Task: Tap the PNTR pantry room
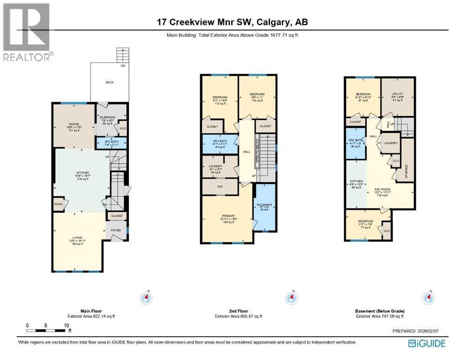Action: point(59,204)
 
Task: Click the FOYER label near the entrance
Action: point(116,231)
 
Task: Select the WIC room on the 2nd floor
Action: point(220,186)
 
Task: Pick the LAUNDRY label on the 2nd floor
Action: point(215,166)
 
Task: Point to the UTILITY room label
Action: point(398,94)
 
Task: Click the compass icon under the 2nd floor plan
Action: point(290,298)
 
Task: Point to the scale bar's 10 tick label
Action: point(67,325)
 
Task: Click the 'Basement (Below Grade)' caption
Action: point(379,311)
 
